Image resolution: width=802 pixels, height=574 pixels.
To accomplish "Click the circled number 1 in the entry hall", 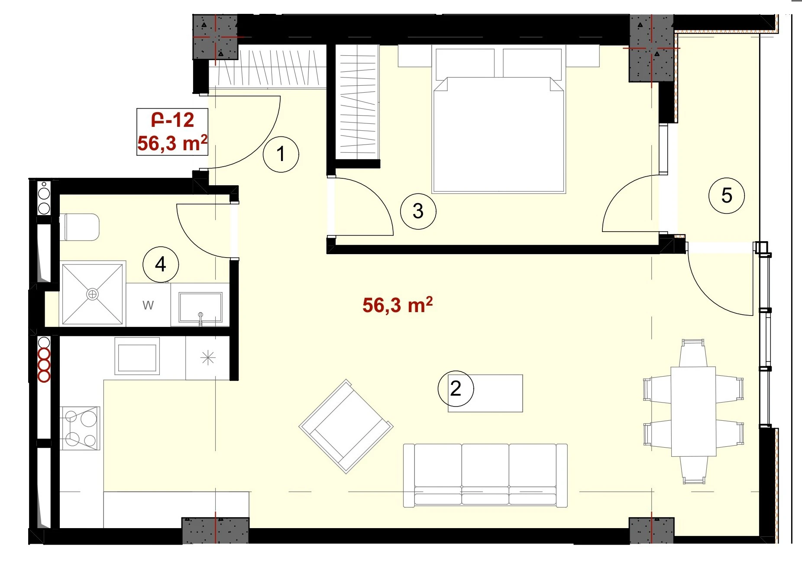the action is click(281, 154).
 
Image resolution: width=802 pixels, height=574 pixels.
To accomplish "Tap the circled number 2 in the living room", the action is click(456, 388).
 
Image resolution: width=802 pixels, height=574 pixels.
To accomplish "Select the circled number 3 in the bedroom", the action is click(418, 211).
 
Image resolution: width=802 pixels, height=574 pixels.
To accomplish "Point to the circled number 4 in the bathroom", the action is click(161, 264).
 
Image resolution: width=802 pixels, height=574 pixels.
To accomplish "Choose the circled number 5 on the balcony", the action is click(727, 196).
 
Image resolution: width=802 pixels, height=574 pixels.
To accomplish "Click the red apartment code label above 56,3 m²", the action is click(172, 120).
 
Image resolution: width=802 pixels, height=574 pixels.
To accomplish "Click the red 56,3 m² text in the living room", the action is click(398, 305).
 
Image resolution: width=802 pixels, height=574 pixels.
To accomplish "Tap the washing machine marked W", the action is click(148, 305).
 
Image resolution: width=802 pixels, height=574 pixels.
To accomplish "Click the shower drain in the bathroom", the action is click(92, 294).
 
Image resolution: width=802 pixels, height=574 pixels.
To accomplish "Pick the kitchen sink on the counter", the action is click(137, 356).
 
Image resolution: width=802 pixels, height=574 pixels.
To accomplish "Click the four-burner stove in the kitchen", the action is click(80, 428).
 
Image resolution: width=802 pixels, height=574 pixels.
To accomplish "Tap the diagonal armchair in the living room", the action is click(346, 426).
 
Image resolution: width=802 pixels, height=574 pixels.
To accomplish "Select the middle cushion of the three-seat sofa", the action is click(485, 474).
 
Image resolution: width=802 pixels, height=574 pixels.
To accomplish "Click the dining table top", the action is click(693, 412).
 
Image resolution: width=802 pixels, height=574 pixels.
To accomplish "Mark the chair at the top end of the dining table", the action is click(693, 353).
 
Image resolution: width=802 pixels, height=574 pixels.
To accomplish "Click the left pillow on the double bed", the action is click(465, 63).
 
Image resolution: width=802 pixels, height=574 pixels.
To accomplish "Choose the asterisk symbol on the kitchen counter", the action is click(208, 358).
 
